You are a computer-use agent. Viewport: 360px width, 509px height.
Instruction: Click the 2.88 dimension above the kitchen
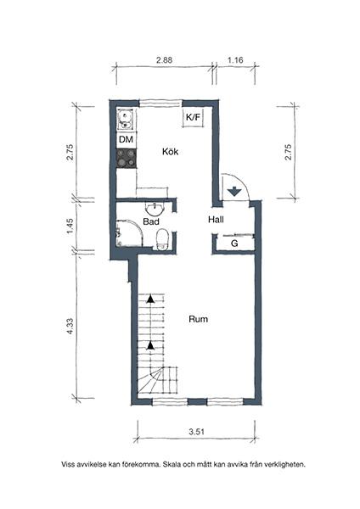(x=165, y=60)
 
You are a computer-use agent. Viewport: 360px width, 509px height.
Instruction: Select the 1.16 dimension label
(x=235, y=60)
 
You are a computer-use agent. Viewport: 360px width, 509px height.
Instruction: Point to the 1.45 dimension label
(x=70, y=227)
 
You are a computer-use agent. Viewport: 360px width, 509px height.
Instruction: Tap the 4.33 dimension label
(x=70, y=327)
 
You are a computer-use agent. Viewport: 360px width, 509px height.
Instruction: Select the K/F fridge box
(x=194, y=118)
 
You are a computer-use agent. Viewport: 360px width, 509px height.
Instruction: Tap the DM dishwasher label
(x=126, y=139)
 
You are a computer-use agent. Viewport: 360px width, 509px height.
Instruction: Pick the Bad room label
(x=151, y=221)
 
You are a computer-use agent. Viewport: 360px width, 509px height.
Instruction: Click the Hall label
(x=216, y=220)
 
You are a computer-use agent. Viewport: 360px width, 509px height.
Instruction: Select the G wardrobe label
(x=233, y=244)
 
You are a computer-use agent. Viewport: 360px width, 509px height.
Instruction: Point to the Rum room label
(x=198, y=320)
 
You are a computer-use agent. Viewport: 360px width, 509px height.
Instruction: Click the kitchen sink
(x=125, y=118)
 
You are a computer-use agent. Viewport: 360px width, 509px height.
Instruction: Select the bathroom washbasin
(x=155, y=208)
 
